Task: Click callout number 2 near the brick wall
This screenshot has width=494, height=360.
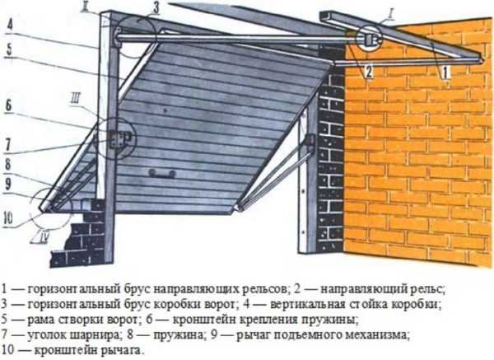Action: point(368,71)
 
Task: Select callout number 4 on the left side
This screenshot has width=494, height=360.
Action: point(9,25)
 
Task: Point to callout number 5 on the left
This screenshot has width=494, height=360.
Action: point(9,49)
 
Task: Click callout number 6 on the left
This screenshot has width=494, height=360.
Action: point(8,105)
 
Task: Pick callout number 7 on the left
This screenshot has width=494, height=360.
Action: point(7,145)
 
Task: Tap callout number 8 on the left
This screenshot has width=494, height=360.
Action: point(7,165)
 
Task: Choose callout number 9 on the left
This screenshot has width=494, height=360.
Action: point(8,185)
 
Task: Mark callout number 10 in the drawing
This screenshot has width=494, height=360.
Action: point(9,218)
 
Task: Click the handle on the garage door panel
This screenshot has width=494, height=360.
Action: point(162,173)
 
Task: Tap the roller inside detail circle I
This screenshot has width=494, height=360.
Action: point(369,39)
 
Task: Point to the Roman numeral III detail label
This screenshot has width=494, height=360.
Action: point(75,101)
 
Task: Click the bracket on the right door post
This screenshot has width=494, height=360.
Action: point(310,140)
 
